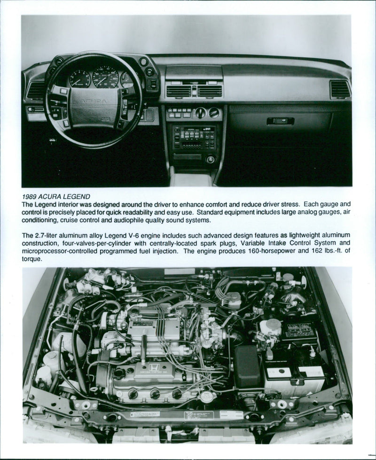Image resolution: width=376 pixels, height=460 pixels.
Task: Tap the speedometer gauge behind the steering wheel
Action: (105, 77)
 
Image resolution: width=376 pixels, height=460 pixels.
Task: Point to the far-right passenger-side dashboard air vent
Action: (340, 89)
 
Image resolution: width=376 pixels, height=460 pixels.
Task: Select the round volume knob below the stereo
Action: (210, 159)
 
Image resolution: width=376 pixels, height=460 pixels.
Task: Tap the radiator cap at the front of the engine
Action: (205, 396)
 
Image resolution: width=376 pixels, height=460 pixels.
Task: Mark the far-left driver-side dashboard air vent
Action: (36, 90)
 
